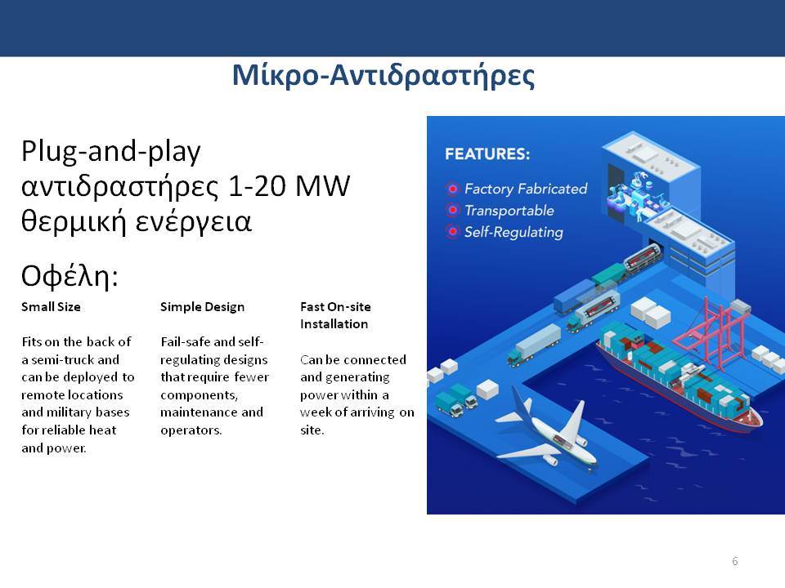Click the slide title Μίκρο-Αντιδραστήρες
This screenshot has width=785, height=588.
[x=384, y=76]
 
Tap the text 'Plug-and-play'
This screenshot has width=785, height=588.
[x=110, y=151]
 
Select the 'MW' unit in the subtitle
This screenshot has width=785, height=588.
[x=322, y=186]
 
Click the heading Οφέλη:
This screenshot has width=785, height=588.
[x=70, y=275]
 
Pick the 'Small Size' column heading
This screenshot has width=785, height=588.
[x=51, y=307]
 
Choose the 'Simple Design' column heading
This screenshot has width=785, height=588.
[x=202, y=307]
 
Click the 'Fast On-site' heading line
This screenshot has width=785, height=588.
[x=335, y=307]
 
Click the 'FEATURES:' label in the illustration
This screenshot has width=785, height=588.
[x=487, y=154]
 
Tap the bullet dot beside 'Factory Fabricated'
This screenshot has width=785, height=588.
[x=452, y=189]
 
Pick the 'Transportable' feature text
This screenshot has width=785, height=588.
[x=509, y=211]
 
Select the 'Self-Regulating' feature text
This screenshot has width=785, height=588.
[x=514, y=233]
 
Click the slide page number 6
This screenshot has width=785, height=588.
[x=734, y=561]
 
